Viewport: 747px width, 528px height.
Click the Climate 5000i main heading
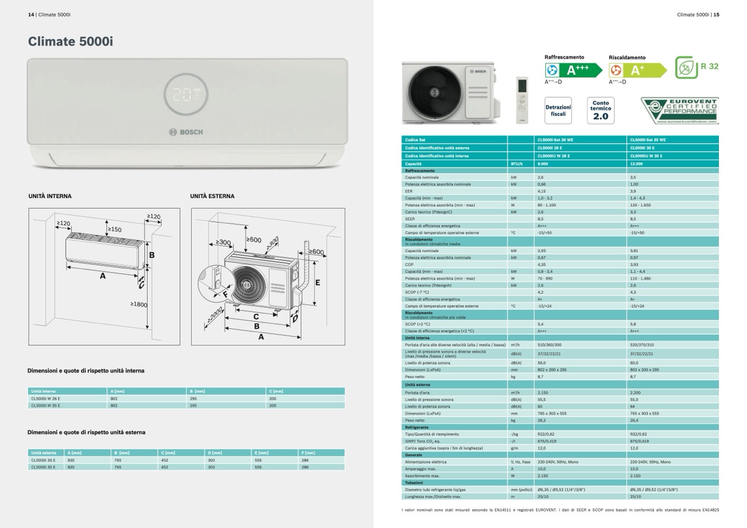71,41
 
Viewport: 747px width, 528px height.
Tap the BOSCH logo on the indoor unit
186,132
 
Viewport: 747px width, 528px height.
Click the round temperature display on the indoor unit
186,94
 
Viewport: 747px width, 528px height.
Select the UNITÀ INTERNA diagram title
50,196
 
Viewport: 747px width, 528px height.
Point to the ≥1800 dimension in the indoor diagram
138,304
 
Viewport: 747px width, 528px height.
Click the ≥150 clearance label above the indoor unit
115,230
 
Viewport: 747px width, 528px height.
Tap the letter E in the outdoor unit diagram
318,282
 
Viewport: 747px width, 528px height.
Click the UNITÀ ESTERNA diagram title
212,196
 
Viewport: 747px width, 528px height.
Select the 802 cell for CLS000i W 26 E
114,398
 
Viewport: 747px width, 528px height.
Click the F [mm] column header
308,453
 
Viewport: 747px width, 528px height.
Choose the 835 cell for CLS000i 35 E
71,467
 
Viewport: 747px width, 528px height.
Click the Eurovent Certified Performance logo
680,110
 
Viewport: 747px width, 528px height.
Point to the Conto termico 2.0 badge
600,110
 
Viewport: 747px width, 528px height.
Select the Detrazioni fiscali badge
558,111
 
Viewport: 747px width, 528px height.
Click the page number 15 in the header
716,15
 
